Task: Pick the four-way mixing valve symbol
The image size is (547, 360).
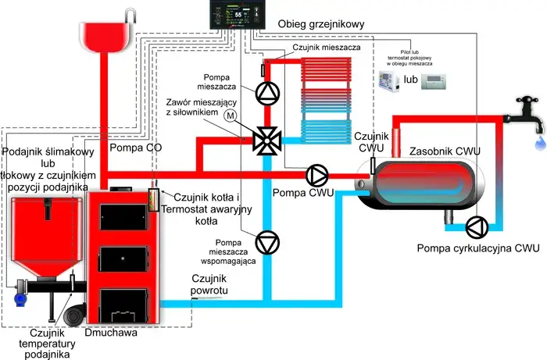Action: pyautogui.click(x=266, y=141)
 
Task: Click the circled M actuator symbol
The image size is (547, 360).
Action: pyautogui.click(x=252, y=116)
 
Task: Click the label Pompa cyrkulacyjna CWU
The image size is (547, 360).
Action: pyautogui.click(x=478, y=248)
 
